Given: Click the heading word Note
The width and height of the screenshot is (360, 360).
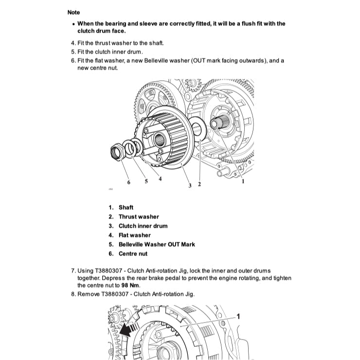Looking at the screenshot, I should click(73, 12).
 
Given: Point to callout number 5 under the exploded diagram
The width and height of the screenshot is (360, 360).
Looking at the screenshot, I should click(145, 181).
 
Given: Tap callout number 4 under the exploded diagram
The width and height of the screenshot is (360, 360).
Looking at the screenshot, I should click(160, 179).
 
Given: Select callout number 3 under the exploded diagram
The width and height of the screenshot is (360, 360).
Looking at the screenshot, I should click(190, 185).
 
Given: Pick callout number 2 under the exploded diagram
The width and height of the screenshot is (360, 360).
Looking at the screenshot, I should click(199, 185).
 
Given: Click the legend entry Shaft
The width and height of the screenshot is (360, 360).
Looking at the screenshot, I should click(126, 207).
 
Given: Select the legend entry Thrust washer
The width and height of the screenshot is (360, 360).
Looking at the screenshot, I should click(139, 216).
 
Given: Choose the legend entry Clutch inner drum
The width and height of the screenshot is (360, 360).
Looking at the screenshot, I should click(143, 226).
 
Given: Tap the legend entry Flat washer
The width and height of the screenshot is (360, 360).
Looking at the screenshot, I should click(135, 235).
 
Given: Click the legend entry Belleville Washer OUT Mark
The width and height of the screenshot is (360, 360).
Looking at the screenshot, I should click(157, 244).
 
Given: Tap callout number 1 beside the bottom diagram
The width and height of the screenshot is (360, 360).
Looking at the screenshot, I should click(238, 316).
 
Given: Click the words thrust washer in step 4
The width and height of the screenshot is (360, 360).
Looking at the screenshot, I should click(112, 43).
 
